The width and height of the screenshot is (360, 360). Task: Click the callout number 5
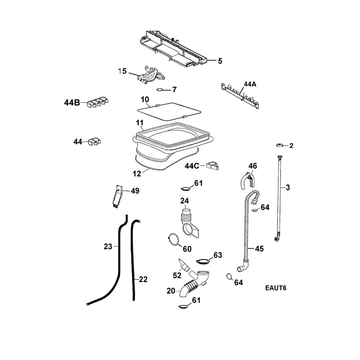pyautogui.click(x=220, y=61)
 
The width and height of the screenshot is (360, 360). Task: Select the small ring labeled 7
pyautogui.click(x=160, y=89)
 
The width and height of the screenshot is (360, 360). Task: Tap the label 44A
pyautogui.click(x=250, y=84)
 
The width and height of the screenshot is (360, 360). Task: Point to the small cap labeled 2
pyautogui.click(x=280, y=145)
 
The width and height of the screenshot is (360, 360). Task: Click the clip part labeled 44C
pyautogui.click(x=213, y=166)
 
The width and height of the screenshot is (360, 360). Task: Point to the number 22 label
pyautogui.click(x=143, y=279)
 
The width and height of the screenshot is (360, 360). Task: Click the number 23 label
pyautogui.click(x=108, y=246)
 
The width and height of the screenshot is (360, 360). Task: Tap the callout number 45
pyautogui.click(x=259, y=249)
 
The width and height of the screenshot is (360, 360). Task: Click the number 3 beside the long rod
pyautogui.click(x=288, y=187)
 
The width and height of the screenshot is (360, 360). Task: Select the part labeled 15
pyautogui.click(x=150, y=75)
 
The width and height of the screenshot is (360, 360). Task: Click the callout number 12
pyautogui.click(x=137, y=173)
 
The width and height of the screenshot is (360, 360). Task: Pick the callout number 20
pyautogui.click(x=171, y=291)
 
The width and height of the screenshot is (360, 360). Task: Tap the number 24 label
pyautogui.click(x=185, y=201)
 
